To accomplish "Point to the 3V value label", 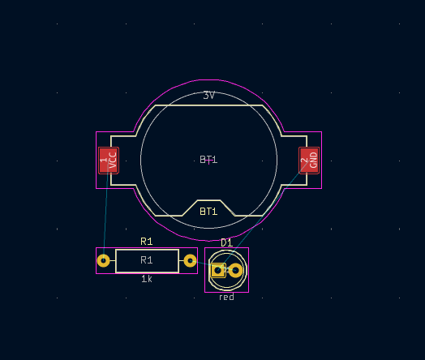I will [208, 96].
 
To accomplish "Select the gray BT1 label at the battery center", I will [208, 160].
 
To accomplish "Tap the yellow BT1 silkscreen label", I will [208, 212].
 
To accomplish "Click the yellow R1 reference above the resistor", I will [147, 242].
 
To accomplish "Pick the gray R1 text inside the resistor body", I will [147, 260].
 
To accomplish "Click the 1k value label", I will [147, 279].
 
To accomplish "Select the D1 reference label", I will [226, 243].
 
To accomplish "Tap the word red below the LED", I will [226, 298].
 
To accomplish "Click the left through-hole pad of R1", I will [103, 260].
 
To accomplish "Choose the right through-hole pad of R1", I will [190, 260].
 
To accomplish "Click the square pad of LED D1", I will [217, 270].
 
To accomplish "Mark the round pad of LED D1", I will [236, 270].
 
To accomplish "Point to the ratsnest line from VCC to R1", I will [105, 211].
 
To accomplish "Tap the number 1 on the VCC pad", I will [104, 161].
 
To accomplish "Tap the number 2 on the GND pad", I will [304, 161].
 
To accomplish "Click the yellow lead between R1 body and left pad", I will [112, 260].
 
